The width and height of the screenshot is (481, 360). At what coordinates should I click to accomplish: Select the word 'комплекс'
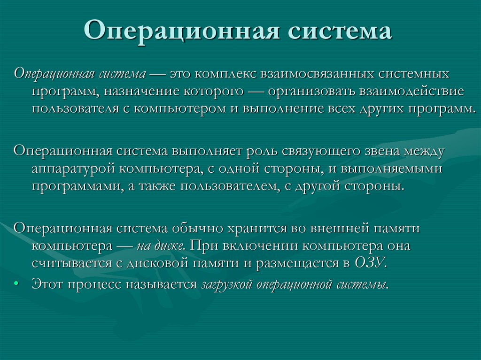225,74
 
